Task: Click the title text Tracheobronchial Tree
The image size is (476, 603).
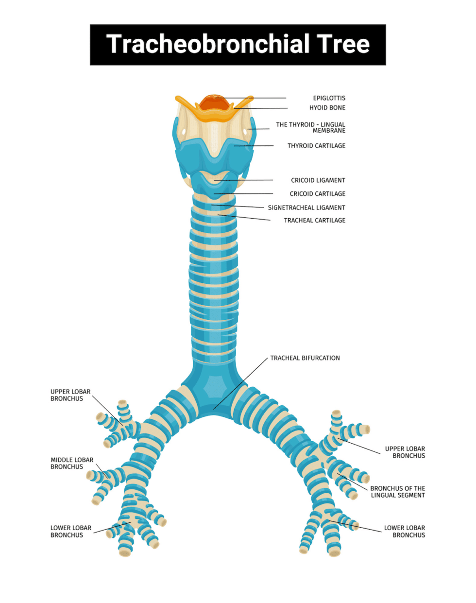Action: click(x=238, y=44)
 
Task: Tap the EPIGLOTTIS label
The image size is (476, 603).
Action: click(x=329, y=98)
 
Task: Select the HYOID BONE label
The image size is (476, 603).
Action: click(x=327, y=108)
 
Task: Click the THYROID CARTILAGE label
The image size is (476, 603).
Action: click(x=316, y=146)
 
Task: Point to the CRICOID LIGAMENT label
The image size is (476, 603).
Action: click(x=318, y=180)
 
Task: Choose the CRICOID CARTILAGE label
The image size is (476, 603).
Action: click(x=318, y=194)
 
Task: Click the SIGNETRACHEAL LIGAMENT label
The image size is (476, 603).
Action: click(x=306, y=207)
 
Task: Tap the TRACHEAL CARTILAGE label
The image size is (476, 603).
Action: click(x=315, y=220)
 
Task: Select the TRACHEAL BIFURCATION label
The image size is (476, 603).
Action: click(x=305, y=358)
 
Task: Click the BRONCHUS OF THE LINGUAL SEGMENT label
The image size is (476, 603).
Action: click(x=397, y=492)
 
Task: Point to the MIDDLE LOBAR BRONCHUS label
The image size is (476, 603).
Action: click(x=72, y=463)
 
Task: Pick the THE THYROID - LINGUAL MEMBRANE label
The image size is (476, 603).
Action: click(x=311, y=127)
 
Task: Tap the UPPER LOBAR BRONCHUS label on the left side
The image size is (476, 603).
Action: click(x=70, y=395)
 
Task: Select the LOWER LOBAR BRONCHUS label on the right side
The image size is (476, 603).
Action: click(x=405, y=532)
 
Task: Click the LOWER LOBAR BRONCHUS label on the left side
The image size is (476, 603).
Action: click(x=71, y=532)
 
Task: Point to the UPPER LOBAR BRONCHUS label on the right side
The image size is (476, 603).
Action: click(x=405, y=452)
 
